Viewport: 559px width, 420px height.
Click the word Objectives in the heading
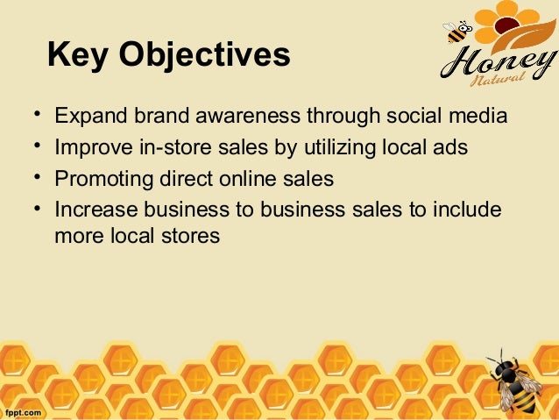(207, 56)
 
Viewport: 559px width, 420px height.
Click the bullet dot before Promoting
(36, 178)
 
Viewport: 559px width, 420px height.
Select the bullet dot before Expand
(36, 116)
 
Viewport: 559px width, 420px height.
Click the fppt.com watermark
(23, 410)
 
